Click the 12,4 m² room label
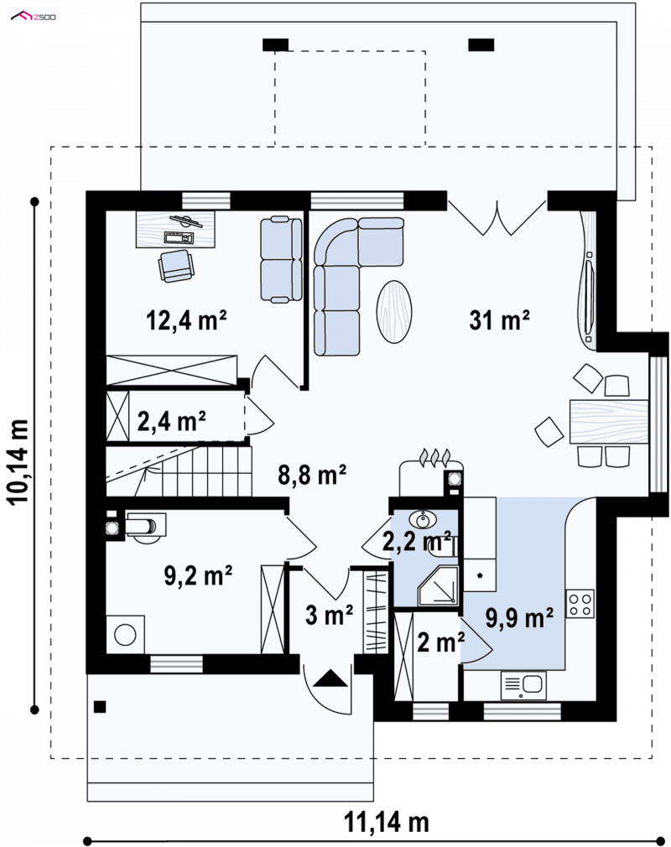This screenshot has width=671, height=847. coord(186,320)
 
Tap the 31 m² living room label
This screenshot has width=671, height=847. coord(499,320)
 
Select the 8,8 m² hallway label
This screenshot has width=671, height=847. coord(312,475)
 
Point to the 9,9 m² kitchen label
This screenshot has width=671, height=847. coord(519,618)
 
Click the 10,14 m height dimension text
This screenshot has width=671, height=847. coord(18,461)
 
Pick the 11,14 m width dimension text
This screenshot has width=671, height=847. coord(387,823)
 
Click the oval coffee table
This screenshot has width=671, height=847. coord(394,311)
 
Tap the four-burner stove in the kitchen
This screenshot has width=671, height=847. coord(580,604)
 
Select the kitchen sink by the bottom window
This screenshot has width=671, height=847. coord(523,685)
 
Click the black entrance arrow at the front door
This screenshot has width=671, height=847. coord(330,678)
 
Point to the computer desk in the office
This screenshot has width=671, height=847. coord(175,230)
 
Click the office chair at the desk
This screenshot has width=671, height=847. coord(176,266)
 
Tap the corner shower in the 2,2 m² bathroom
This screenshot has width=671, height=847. coord(438,585)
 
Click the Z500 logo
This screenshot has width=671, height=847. coord(34,17)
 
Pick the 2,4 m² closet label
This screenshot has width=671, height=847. coord(171,420)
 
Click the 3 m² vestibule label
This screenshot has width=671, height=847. coord(329,615)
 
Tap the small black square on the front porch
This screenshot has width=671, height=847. coord(100,707)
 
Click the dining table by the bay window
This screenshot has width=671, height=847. coord(609,421)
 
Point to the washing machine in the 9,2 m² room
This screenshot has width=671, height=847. coord(125,635)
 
